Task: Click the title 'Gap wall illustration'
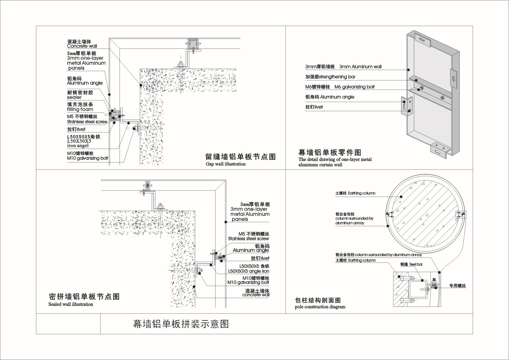225,164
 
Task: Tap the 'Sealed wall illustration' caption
71,304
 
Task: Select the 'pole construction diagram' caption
320,307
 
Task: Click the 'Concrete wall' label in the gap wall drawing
82,46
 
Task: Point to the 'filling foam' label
80,109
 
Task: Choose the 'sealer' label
74,98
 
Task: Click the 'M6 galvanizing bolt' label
354,87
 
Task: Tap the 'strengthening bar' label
337,77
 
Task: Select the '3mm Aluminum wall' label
360,67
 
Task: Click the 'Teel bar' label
416,264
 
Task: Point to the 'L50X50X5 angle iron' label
249,271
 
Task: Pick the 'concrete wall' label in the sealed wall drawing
256,295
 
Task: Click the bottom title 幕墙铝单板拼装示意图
181,324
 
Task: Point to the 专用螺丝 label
457,286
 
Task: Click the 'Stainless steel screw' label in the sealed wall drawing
248,239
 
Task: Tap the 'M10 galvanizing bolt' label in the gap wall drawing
87,159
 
